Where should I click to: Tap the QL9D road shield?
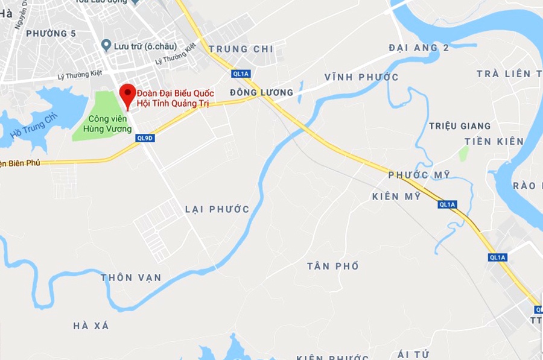(x=145, y=137)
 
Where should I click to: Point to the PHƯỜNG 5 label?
(x=51, y=34)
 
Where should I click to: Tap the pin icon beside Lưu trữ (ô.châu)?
(x=106, y=45)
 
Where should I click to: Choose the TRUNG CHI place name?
(x=241, y=49)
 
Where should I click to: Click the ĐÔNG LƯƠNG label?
(x=261, y=92)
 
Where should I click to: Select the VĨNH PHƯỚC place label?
(x=361, y=77)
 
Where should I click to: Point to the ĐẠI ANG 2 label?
(x=419, y=48)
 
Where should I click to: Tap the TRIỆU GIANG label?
(x=460, y=126)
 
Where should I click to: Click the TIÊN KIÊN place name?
(x=494, y=142)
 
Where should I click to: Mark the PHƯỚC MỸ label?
(x=419, y=175)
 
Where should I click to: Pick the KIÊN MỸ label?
(x=396, y=197)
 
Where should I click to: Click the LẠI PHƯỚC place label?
(x=217, y=209)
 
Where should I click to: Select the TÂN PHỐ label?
(x=332, y=266)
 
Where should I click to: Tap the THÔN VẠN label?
(x=131, y=277)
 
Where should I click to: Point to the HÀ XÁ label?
(x=91, y=326)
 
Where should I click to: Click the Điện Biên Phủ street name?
(x=17, y=163)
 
